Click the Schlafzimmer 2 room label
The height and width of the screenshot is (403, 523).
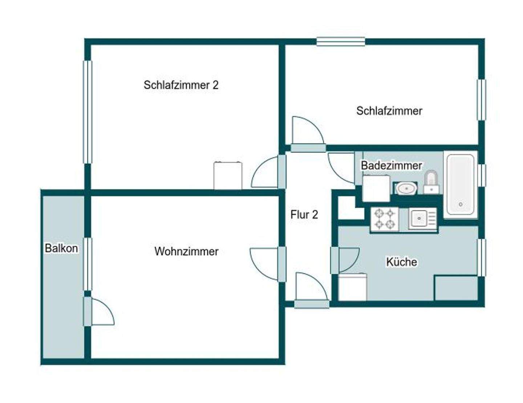click(181, 85)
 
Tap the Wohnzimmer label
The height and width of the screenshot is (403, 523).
click(186, 251)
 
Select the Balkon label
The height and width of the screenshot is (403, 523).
click(61, 248)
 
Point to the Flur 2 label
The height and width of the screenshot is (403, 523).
click(304, 215)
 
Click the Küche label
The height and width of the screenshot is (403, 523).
click(401, 262)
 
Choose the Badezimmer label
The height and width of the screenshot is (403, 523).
click(391, 166)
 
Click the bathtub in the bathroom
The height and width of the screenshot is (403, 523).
click(460, 184)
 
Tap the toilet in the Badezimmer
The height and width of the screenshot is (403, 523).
click(431, 182)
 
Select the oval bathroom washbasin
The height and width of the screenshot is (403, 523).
click(406, 188)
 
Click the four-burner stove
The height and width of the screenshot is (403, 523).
click(385, 219)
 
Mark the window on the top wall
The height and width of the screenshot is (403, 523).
click(340, 42)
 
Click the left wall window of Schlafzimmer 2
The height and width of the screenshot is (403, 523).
click(88, 112)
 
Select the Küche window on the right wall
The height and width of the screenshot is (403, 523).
click(481, 257)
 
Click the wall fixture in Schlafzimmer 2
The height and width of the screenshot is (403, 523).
click(228, 175)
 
